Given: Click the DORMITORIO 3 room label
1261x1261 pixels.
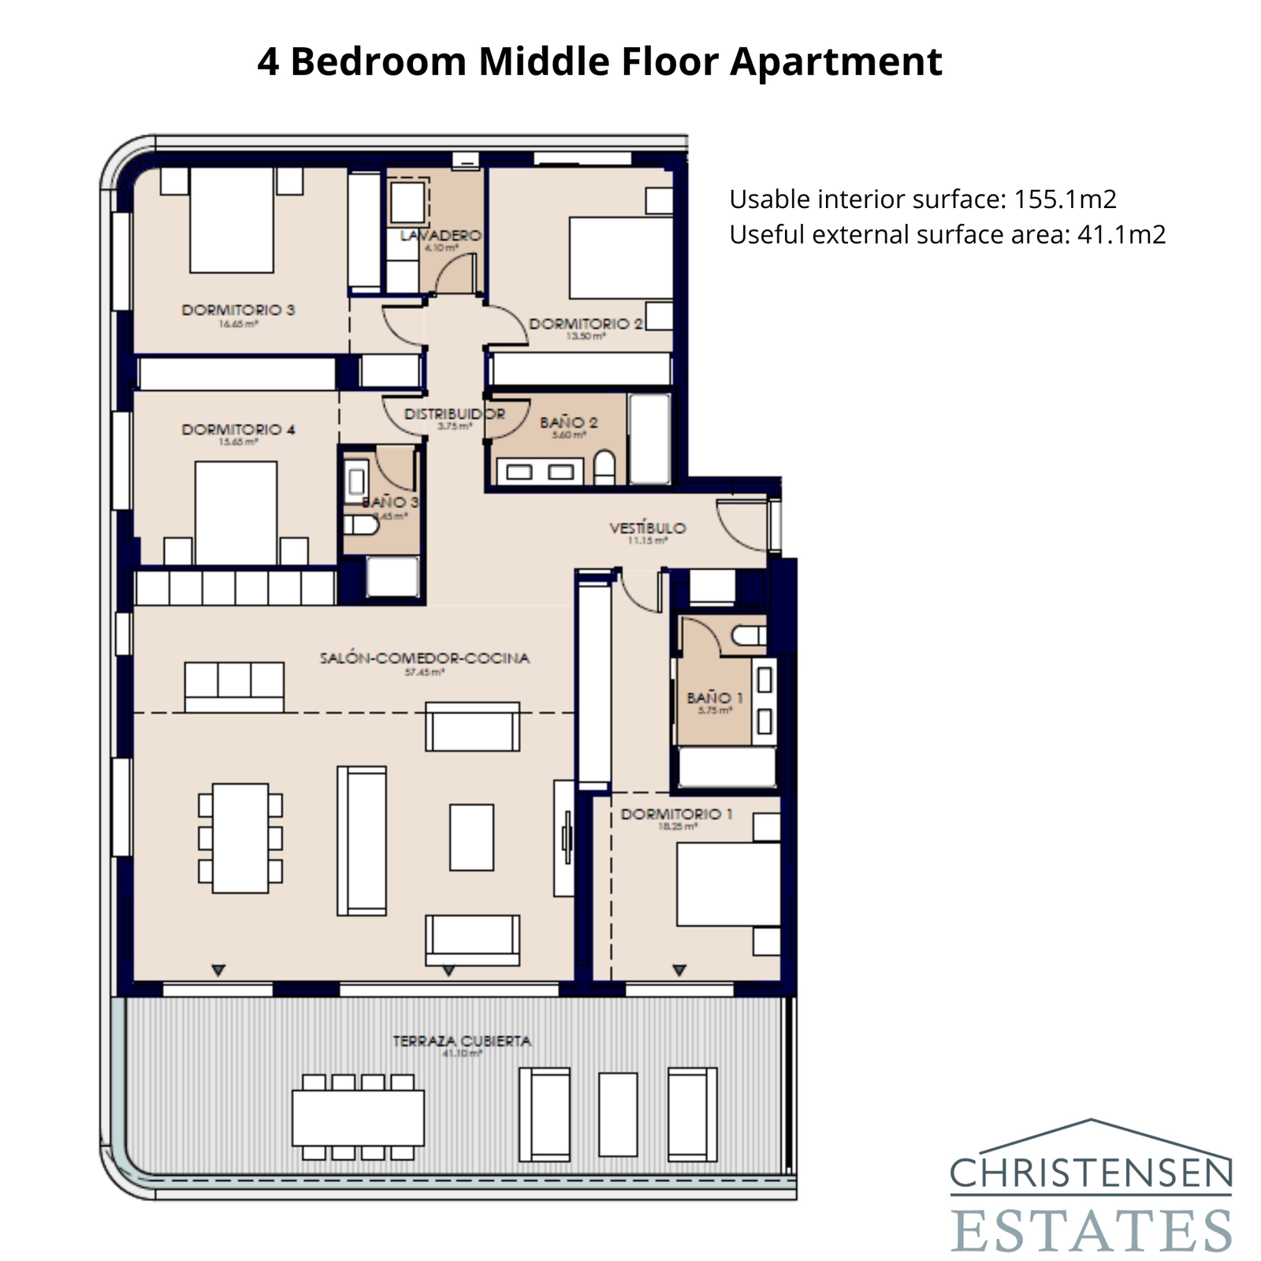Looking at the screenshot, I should click(x=238, y=310).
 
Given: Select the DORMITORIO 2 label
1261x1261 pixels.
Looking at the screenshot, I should click(x=586, y=324).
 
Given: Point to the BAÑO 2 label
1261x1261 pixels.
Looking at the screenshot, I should click(x=568, y=422).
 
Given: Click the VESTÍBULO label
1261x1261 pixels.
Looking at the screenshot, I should click(x=648, y=528).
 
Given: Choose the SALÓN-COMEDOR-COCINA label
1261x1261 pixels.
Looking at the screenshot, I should click(x=424, y=658).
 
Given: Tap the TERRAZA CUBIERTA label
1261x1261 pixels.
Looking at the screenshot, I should click(x=462, y=1041).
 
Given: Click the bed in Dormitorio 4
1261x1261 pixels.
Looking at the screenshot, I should click(x=236, y=512).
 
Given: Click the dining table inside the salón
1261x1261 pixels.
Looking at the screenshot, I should click(x=240, y=838).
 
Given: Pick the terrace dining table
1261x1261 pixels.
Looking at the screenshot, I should click(x=358, y=1118).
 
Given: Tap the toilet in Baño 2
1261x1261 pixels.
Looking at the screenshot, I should click(x=604, y=467).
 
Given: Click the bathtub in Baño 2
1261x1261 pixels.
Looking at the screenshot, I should click(x=650, y=438).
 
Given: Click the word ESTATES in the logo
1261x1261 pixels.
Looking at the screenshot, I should click(x=1091, y=1230).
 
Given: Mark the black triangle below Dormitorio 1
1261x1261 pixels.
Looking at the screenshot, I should click(x=679, y=970).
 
